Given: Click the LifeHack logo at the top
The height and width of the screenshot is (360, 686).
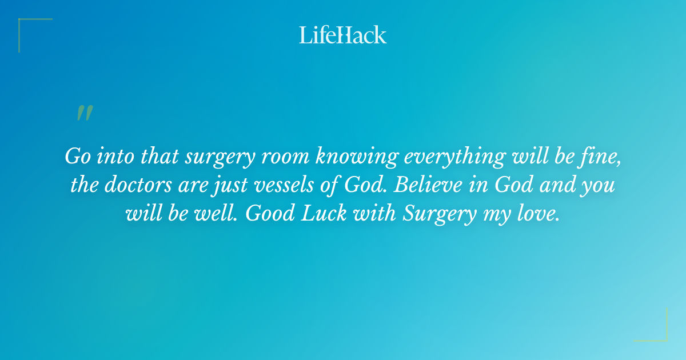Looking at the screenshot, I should click(x=343, y=35).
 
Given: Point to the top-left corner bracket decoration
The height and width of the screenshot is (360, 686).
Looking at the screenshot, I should click(x=26, y=26).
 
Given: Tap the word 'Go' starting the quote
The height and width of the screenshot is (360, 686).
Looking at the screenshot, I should click(x=77, y=156).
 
